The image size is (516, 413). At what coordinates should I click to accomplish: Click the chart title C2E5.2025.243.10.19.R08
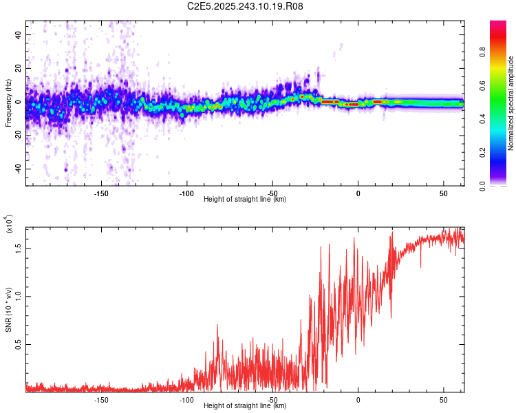[246, 7]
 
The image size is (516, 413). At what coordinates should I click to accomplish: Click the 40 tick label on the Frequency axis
[19, 34]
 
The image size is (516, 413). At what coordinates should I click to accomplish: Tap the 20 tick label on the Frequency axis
[19, 68]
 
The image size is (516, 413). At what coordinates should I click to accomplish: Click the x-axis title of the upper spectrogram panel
[245, 200]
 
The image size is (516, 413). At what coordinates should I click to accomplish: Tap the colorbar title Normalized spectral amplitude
[511, 103]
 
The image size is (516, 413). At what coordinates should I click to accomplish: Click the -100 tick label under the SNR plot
[186, 399]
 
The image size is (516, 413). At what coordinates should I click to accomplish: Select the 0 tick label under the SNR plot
[358, 399]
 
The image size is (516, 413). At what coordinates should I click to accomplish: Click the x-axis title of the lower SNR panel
[245, 406]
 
